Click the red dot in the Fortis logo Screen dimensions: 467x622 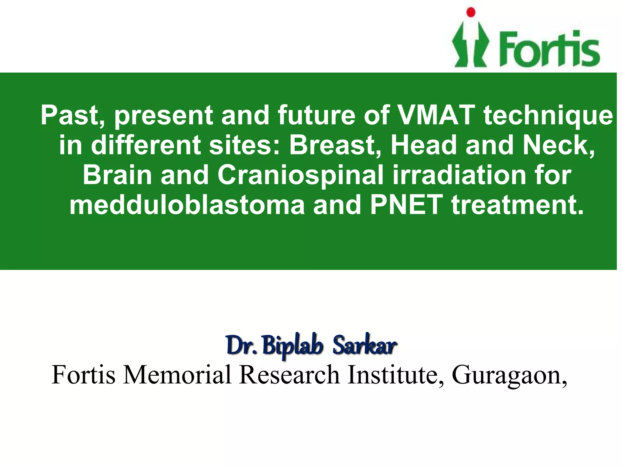point(471,12)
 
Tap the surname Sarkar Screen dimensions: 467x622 point(365,346)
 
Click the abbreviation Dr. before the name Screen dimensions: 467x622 point(242,346)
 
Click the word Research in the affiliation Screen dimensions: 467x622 point(289,375)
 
